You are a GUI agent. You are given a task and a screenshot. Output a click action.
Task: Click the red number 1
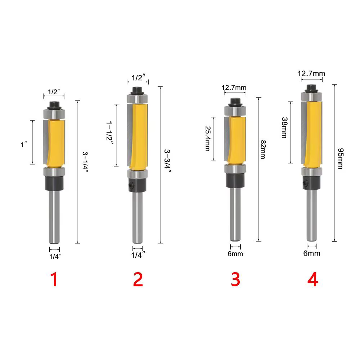[x=54, y=279]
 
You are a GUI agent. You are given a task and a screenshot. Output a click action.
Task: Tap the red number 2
[x=138, y=279]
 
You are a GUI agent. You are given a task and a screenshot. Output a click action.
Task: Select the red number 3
[x=235, y=279]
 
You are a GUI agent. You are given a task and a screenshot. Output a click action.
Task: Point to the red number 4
[x=313, y=279]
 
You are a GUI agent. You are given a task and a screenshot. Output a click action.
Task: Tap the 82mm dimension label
[x=263, y=149]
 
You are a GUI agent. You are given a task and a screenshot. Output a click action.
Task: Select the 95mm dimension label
[x=341, y=158]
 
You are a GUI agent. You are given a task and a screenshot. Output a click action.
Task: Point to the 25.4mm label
[x=208, y=139]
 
